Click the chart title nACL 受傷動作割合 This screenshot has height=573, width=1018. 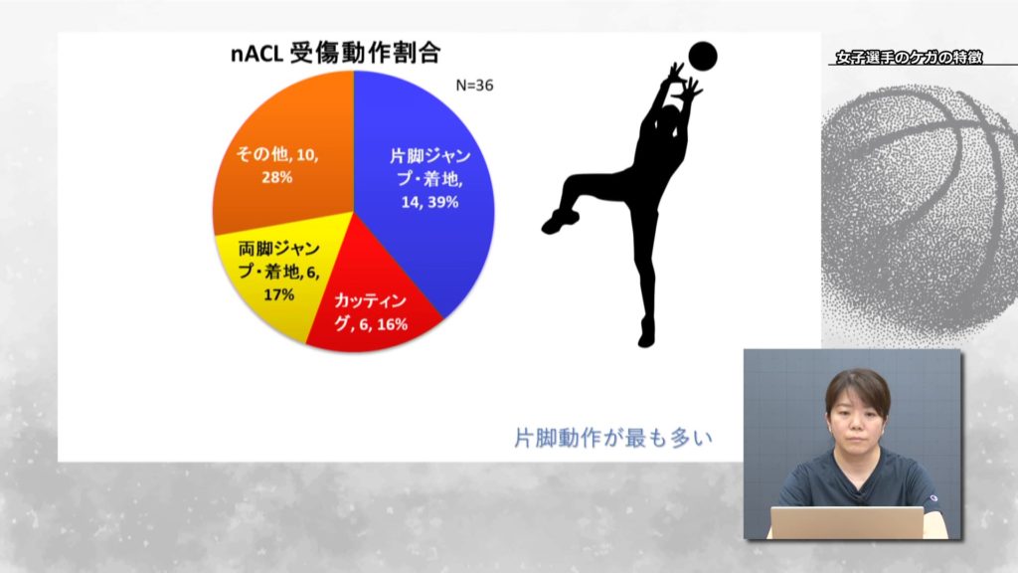pos(336,54)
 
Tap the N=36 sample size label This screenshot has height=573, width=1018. pos(474,86)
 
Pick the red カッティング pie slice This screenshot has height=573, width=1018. pos(370,305)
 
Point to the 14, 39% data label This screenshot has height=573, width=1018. pos(429,202)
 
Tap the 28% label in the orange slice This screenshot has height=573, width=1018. pos(277,177)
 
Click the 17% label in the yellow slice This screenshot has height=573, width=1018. pos(279,294)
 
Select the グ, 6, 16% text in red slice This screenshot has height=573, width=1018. pos(371,323)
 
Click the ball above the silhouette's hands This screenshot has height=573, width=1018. pos(703,57)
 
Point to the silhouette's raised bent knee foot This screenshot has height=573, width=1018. pos(559,221)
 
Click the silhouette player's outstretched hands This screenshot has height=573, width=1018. pos(684,82)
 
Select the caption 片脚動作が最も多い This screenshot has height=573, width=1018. pos(613,438)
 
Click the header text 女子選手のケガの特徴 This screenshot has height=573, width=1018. pos(909,57)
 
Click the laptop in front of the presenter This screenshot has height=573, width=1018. pos(847,523)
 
